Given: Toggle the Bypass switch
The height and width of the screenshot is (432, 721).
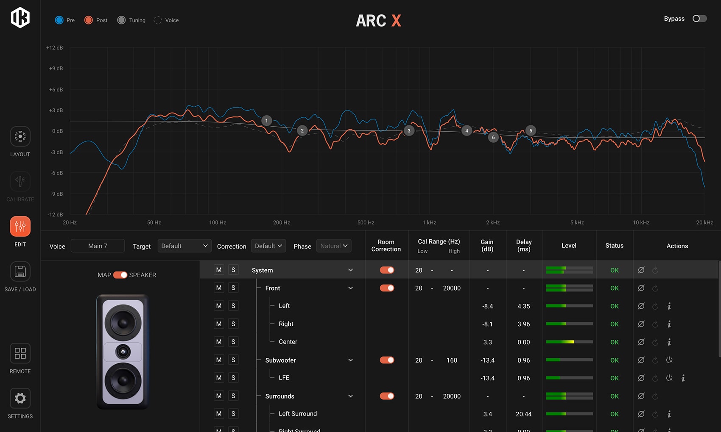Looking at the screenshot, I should tap(699, 19).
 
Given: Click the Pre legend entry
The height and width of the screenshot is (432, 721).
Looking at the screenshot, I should tap(65, 20).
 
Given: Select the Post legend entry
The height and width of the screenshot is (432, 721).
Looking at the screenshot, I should tap(96, 20).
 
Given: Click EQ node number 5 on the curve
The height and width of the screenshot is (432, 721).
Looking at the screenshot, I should tap(531, 131).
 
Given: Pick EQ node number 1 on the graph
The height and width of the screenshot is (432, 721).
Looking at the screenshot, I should tap(266, 121).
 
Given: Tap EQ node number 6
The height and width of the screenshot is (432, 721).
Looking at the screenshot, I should tap(493, 137).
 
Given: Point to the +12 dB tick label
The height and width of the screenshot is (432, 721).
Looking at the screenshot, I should tap(54, 47).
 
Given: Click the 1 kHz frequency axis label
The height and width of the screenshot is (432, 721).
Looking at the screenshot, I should tap(429, 222).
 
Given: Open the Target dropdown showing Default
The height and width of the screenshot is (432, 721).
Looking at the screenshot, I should tap(184, 246).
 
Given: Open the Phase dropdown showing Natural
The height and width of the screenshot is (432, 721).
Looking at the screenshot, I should tap(334, 246).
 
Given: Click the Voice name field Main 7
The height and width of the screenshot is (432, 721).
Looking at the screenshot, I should tap(98, 246).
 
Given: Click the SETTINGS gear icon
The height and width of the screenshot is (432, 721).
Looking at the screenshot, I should tap(20, 399).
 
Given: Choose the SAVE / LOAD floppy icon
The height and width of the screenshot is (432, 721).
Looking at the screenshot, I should tap(20, 271).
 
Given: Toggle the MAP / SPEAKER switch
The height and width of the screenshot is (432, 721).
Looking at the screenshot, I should tap(120, 275).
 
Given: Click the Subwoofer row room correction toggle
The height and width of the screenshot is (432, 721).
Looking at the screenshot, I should tap(387, 360).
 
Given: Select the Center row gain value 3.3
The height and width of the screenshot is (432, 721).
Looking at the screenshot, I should tap(487, 342).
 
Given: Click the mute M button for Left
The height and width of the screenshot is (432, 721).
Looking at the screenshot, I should tap(219, 306).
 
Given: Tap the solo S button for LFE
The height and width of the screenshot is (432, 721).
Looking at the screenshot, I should tap(233, 378).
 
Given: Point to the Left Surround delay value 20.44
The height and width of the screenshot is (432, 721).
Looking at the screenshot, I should tap(523, 414).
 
